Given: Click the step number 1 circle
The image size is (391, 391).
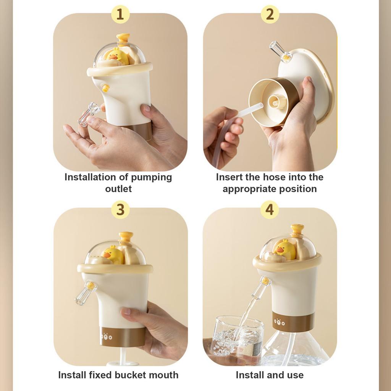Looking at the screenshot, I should tap(120, 15).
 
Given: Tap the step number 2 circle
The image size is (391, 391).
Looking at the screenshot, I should tap(270, 15).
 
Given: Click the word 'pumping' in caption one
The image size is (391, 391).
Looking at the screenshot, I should tap(152, 178).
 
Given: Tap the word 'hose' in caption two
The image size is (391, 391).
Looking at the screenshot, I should tap(273, 177).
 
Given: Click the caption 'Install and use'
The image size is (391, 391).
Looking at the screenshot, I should tap(270, 375).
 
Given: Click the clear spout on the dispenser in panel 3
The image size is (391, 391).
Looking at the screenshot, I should tap(85, 293).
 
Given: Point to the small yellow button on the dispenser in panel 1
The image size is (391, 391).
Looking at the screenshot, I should tap(106, 88).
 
